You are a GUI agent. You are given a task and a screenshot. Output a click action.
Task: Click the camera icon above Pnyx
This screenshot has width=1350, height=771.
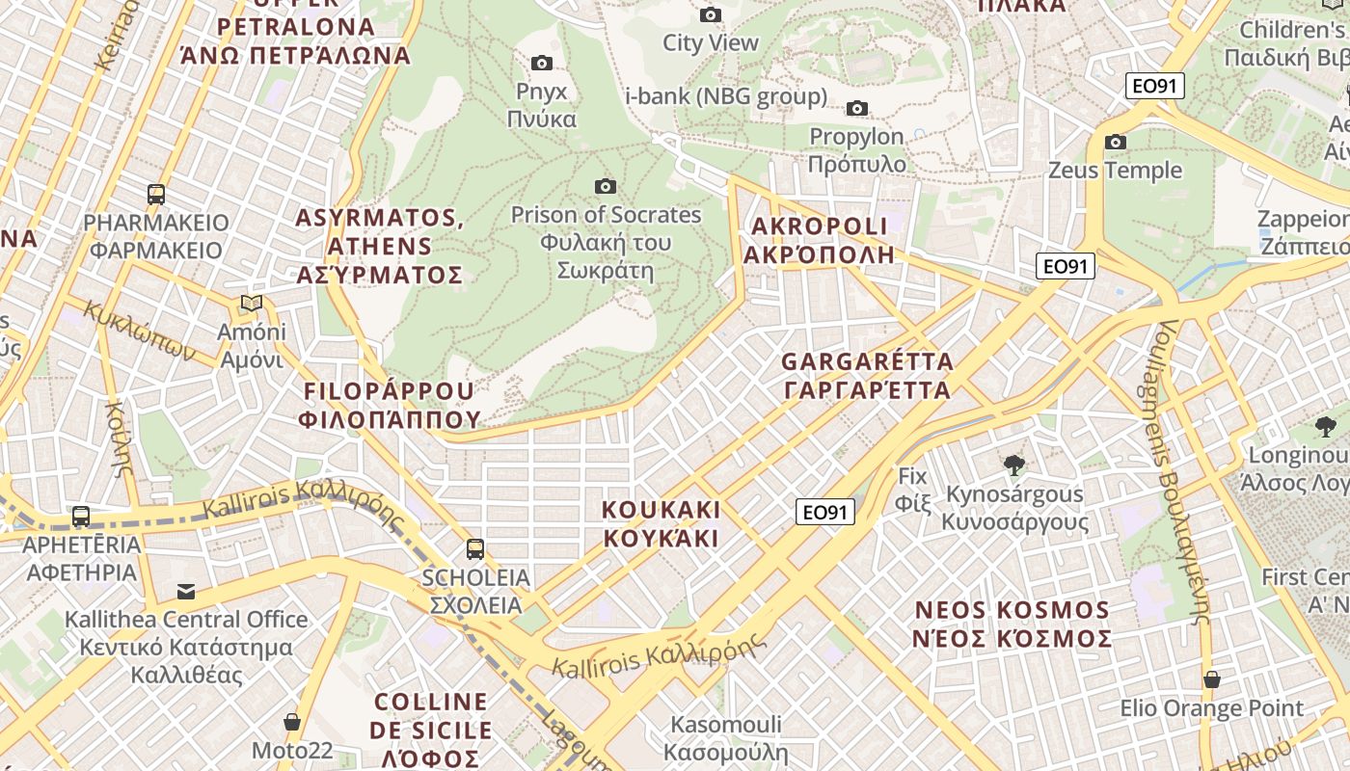[542, 64]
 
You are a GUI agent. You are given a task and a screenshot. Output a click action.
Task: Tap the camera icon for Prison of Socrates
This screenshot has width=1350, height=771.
[606, 186]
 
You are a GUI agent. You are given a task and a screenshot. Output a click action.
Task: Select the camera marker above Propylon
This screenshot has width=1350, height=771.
[856, 108]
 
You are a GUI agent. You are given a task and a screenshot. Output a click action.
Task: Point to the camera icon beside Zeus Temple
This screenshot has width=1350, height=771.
[1116, 143]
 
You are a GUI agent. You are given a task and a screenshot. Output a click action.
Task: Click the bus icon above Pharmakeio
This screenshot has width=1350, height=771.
[156, 194]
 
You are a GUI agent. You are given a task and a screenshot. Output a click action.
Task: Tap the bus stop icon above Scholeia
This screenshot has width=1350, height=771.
[475, 549]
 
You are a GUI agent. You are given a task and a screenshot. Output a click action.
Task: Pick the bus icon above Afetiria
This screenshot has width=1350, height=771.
[81, 517]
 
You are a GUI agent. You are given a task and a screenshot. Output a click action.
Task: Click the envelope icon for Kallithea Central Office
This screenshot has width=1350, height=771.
[185, 591]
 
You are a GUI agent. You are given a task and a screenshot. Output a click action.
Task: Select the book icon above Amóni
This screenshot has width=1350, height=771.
[252, 304]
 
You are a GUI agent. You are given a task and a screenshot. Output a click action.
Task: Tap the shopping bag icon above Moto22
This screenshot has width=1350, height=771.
[291, 722]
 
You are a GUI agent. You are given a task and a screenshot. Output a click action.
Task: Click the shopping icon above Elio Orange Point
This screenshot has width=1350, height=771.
[1211, 679]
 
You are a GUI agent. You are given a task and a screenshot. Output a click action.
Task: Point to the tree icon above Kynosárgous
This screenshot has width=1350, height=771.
[1013, 466]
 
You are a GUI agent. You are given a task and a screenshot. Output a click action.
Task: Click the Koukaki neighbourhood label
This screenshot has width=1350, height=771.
[661, 523]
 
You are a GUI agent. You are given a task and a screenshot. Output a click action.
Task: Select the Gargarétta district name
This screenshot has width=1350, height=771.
[866, 376]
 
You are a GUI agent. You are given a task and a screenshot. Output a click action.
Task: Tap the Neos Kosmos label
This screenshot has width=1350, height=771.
[1012, 624]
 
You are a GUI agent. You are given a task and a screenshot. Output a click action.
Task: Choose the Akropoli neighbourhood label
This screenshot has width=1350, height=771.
[819, 240]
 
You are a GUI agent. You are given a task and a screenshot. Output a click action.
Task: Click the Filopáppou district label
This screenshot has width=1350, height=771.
[390, 405]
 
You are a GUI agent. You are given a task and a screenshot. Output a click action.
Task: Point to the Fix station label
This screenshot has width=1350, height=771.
[911, 489]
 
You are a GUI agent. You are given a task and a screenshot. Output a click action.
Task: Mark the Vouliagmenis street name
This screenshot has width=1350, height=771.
[1182, 472]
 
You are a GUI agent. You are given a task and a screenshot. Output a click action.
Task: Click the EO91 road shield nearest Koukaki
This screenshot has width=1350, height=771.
[825, 512]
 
